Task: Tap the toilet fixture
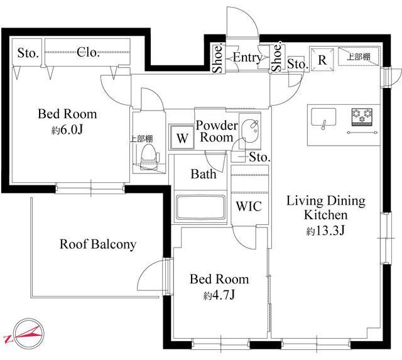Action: pos(149,156)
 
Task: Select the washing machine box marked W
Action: pos(182,137)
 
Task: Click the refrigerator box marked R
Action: pos(322,60)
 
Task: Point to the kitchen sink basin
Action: pos(323,117)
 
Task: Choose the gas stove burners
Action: pos(362,117)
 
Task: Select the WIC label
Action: pos(249,206)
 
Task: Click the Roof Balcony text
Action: pos(98,244)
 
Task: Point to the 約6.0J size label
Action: pos(67,130)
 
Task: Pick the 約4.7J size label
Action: pos(219,295)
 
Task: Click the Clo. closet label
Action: pos(88,52)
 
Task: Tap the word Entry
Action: pos(247,58)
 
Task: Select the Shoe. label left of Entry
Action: pos(218,58)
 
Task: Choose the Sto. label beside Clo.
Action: pos(28,53)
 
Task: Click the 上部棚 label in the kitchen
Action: pos(359,57)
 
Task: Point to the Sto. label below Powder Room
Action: pos(259,157)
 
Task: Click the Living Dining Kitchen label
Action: pos(326,208)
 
